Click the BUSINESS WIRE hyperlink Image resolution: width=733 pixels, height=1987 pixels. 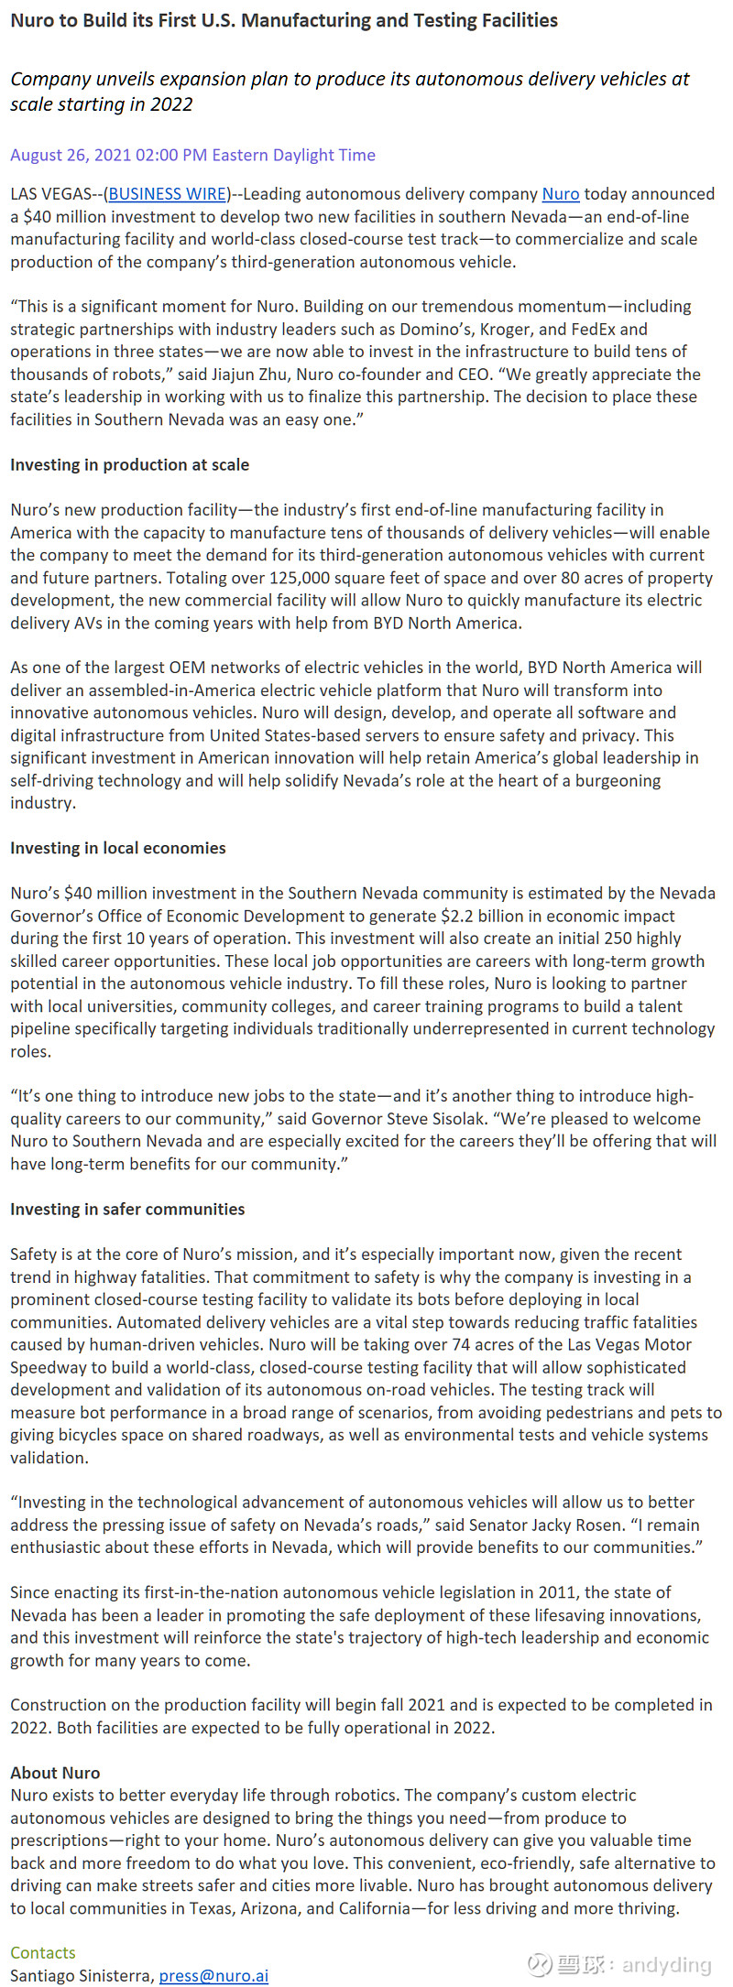(x=168, y=194)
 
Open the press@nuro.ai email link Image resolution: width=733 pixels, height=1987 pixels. (x=213, y=1975)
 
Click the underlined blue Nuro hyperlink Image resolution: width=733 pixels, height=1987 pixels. (x=561, y=194)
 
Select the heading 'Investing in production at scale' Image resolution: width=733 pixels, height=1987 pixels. (x=129, y=464)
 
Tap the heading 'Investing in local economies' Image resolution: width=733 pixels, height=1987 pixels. (x=117, y=848)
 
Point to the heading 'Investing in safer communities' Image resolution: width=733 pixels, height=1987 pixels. (x=127, y=1209)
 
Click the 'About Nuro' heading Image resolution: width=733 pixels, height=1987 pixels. (x=55, y=1772)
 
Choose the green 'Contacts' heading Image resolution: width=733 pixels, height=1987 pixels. (x=43, y=1952)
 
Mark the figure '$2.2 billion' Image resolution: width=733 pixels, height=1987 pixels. (x=485, y=916)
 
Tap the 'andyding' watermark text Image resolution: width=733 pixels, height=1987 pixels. (x=666, y=1964)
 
